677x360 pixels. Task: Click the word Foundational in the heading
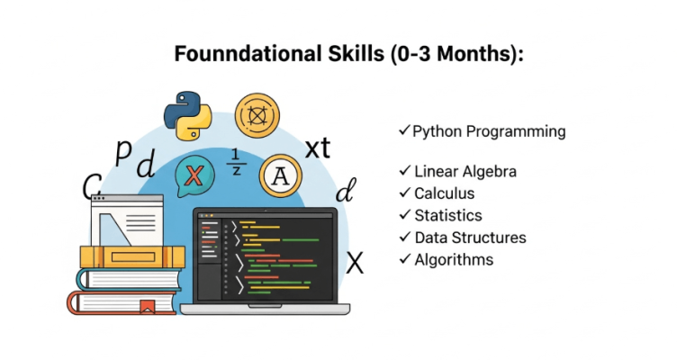click(248, 54)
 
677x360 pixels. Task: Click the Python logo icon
click(188, 115)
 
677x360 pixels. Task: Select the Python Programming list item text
click(489, 131)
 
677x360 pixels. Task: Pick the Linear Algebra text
click(465, 171)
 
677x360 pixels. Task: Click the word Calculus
click(445, 193)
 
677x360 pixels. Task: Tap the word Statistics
click(448, 215)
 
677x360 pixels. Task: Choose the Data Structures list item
click(470, 238)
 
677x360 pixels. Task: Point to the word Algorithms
click(454, 260)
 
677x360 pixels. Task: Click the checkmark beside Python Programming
click(404, 130)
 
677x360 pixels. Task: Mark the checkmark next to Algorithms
click(404, 258)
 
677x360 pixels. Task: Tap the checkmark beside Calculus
click(404, 192)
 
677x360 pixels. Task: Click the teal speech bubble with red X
click(194, 176)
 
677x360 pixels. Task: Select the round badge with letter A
click(280, 176)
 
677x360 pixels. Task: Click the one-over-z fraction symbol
click(236, 162)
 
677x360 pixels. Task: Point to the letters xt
click(318, 148)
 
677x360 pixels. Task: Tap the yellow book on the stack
click(132, 256)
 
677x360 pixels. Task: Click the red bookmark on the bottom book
click(148, 307)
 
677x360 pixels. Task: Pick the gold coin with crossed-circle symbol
click(257, 115)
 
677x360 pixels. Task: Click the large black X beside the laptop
click(355, 263)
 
